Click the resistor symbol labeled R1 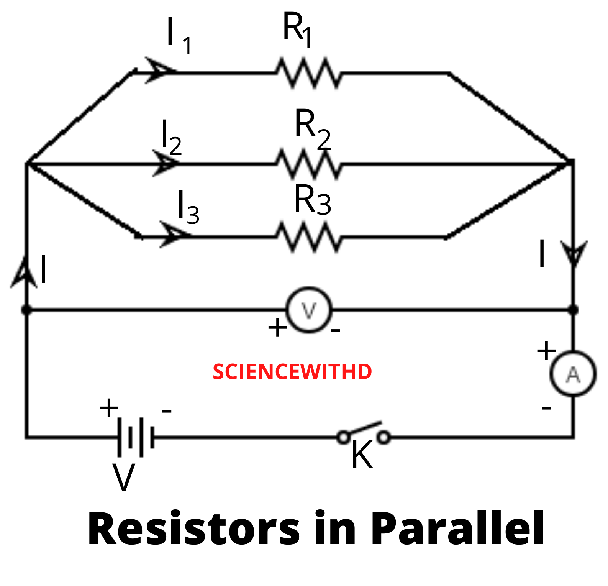point(309,72)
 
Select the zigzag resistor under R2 point(309,164)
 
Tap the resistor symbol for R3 point(309,237)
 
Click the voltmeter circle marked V point(309,310)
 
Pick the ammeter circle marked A point(573,374)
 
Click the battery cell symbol point(136,437)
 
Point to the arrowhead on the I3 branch point(172,235)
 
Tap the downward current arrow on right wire point(574,253)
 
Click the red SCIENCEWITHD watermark point(292,372)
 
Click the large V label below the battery point(124,478)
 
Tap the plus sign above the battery point(109,408)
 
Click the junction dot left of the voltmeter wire point(26,309)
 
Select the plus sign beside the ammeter point(546,351)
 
